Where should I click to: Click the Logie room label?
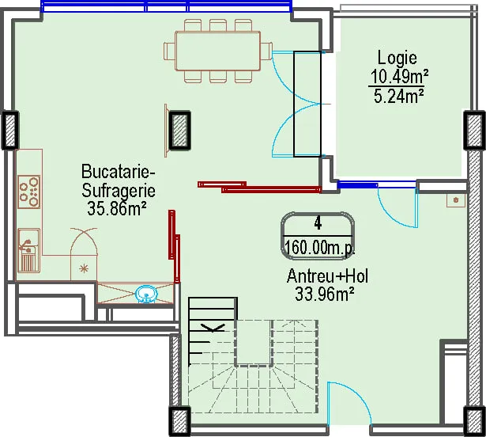[397, 59]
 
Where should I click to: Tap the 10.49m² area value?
[400, 77]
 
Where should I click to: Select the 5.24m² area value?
[398, 96]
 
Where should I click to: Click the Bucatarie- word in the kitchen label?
[118, 172]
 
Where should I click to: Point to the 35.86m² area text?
[117, 208]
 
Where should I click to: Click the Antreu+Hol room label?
[327, 275]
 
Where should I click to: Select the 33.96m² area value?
[325, 294]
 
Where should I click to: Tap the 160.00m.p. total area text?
[319, 248]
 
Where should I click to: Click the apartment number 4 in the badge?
[318, 223]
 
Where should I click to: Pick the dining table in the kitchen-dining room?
[217, 51]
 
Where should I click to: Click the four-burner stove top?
[28, 192]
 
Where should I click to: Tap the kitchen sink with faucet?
[28, 250]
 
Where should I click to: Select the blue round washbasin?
[147, 294]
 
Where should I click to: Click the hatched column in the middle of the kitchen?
[179, 131]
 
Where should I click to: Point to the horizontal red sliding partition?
[259, 187]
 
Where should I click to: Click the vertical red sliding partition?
[174, 246]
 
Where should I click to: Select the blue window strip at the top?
[167, 6]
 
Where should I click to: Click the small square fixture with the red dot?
[456, 200]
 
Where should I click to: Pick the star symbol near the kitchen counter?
[84, 268]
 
